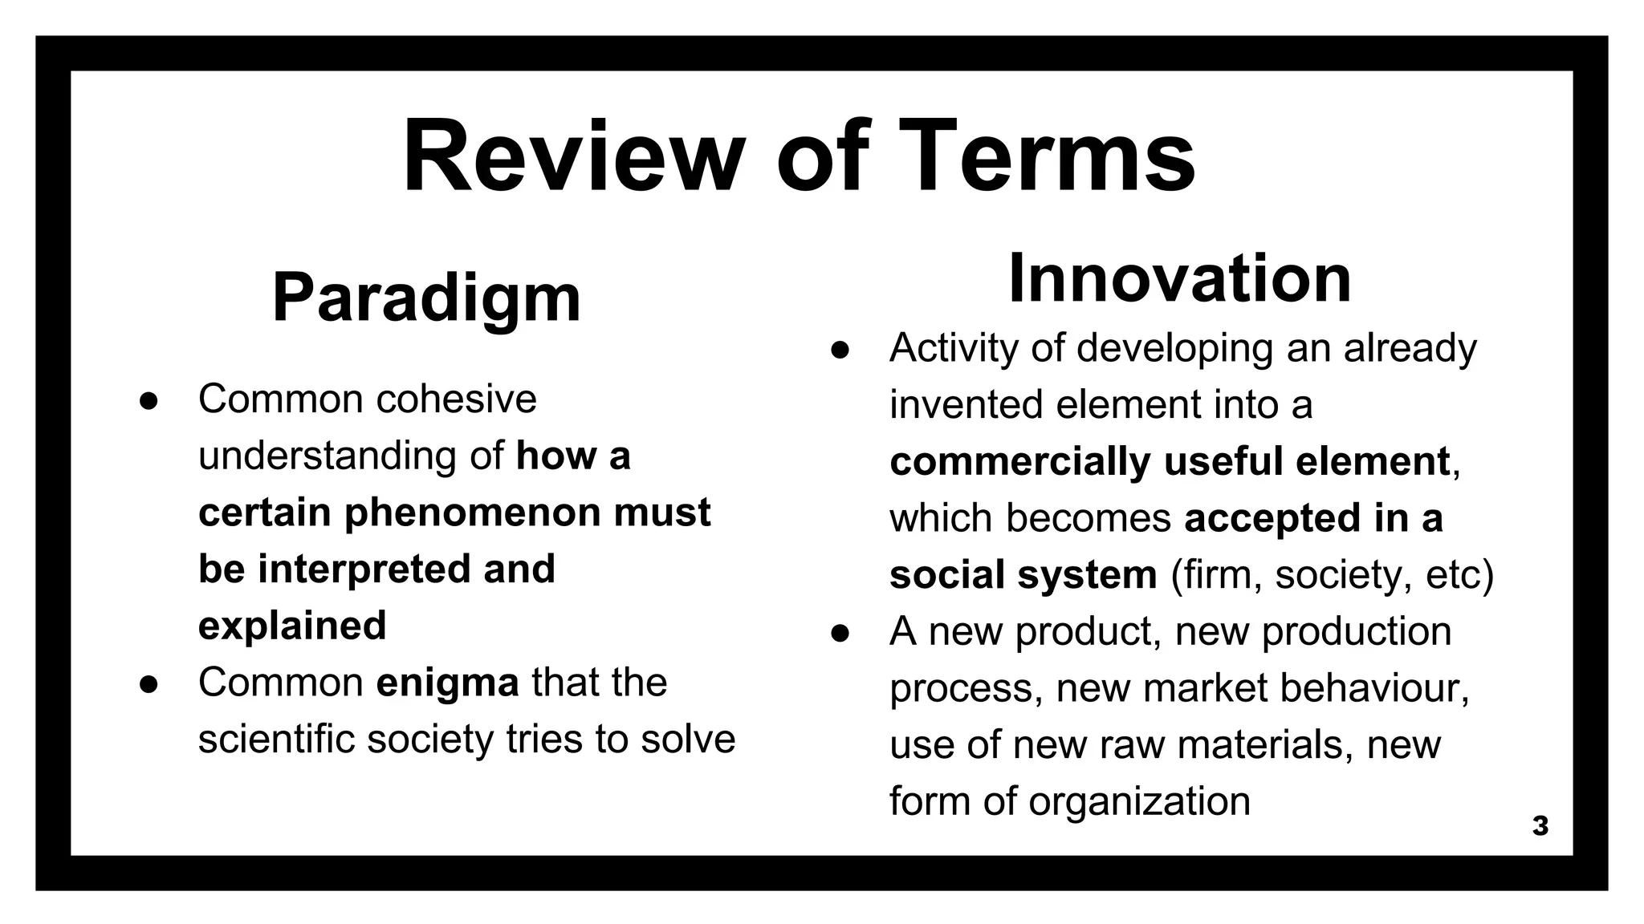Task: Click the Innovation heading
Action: [x=1179, y=278]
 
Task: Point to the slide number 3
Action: [x=1540, y=826]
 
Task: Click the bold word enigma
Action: [x=447, y=683]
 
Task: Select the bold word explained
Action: [x=292, y=626]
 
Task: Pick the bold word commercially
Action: [x=1019, y=462]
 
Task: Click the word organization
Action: [x=1139, y=801]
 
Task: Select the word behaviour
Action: [x=1373, y=688]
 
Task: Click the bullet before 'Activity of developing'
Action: [x=840, y=350]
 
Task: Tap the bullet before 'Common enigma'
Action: [x=149, y=684]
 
